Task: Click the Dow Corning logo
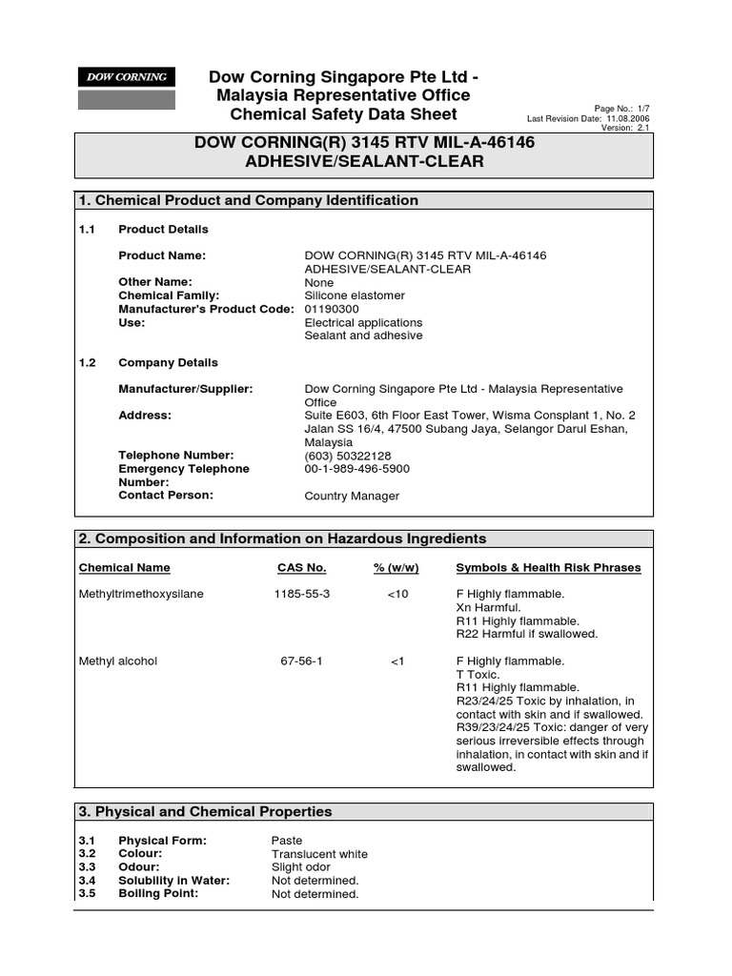tap(127, 77)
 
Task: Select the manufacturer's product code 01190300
tap(331, 309)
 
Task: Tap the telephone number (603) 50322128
tap(348, 456)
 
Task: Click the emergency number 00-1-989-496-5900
tap(357, 469)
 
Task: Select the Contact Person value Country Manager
tap(352, 496)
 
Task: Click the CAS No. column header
tap(301, 568)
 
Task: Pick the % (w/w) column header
tap(396, 568)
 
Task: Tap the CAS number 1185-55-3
tap(301, 594)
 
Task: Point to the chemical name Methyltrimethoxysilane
tap(140, 594)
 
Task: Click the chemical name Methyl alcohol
tap(117, 661)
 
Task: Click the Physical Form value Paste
tap(286, 841)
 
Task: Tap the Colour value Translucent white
tap(318, 854)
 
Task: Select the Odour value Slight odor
tap(300, 867)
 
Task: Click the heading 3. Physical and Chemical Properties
tap(206, 812)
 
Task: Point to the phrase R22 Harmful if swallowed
tap(526, 634)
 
